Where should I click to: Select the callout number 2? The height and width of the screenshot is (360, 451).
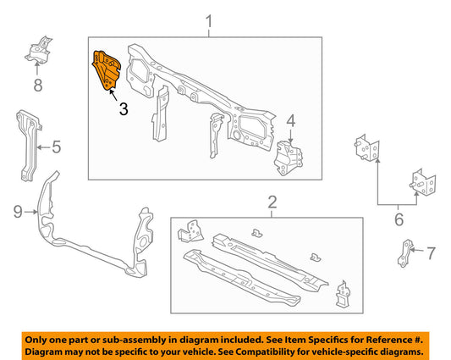[x=272, y=202]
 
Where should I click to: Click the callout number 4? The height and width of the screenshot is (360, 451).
[x=290, y=121]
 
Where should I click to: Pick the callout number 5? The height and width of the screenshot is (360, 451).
[x=56, y=147]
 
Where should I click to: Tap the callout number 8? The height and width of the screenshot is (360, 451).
[x=37, y=84]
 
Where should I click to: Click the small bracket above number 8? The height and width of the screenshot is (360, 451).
[x=39, y=52]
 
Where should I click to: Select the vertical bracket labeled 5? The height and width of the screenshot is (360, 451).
[x=26, y=147]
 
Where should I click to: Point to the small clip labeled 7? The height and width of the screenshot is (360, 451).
[x=405, y=252]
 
